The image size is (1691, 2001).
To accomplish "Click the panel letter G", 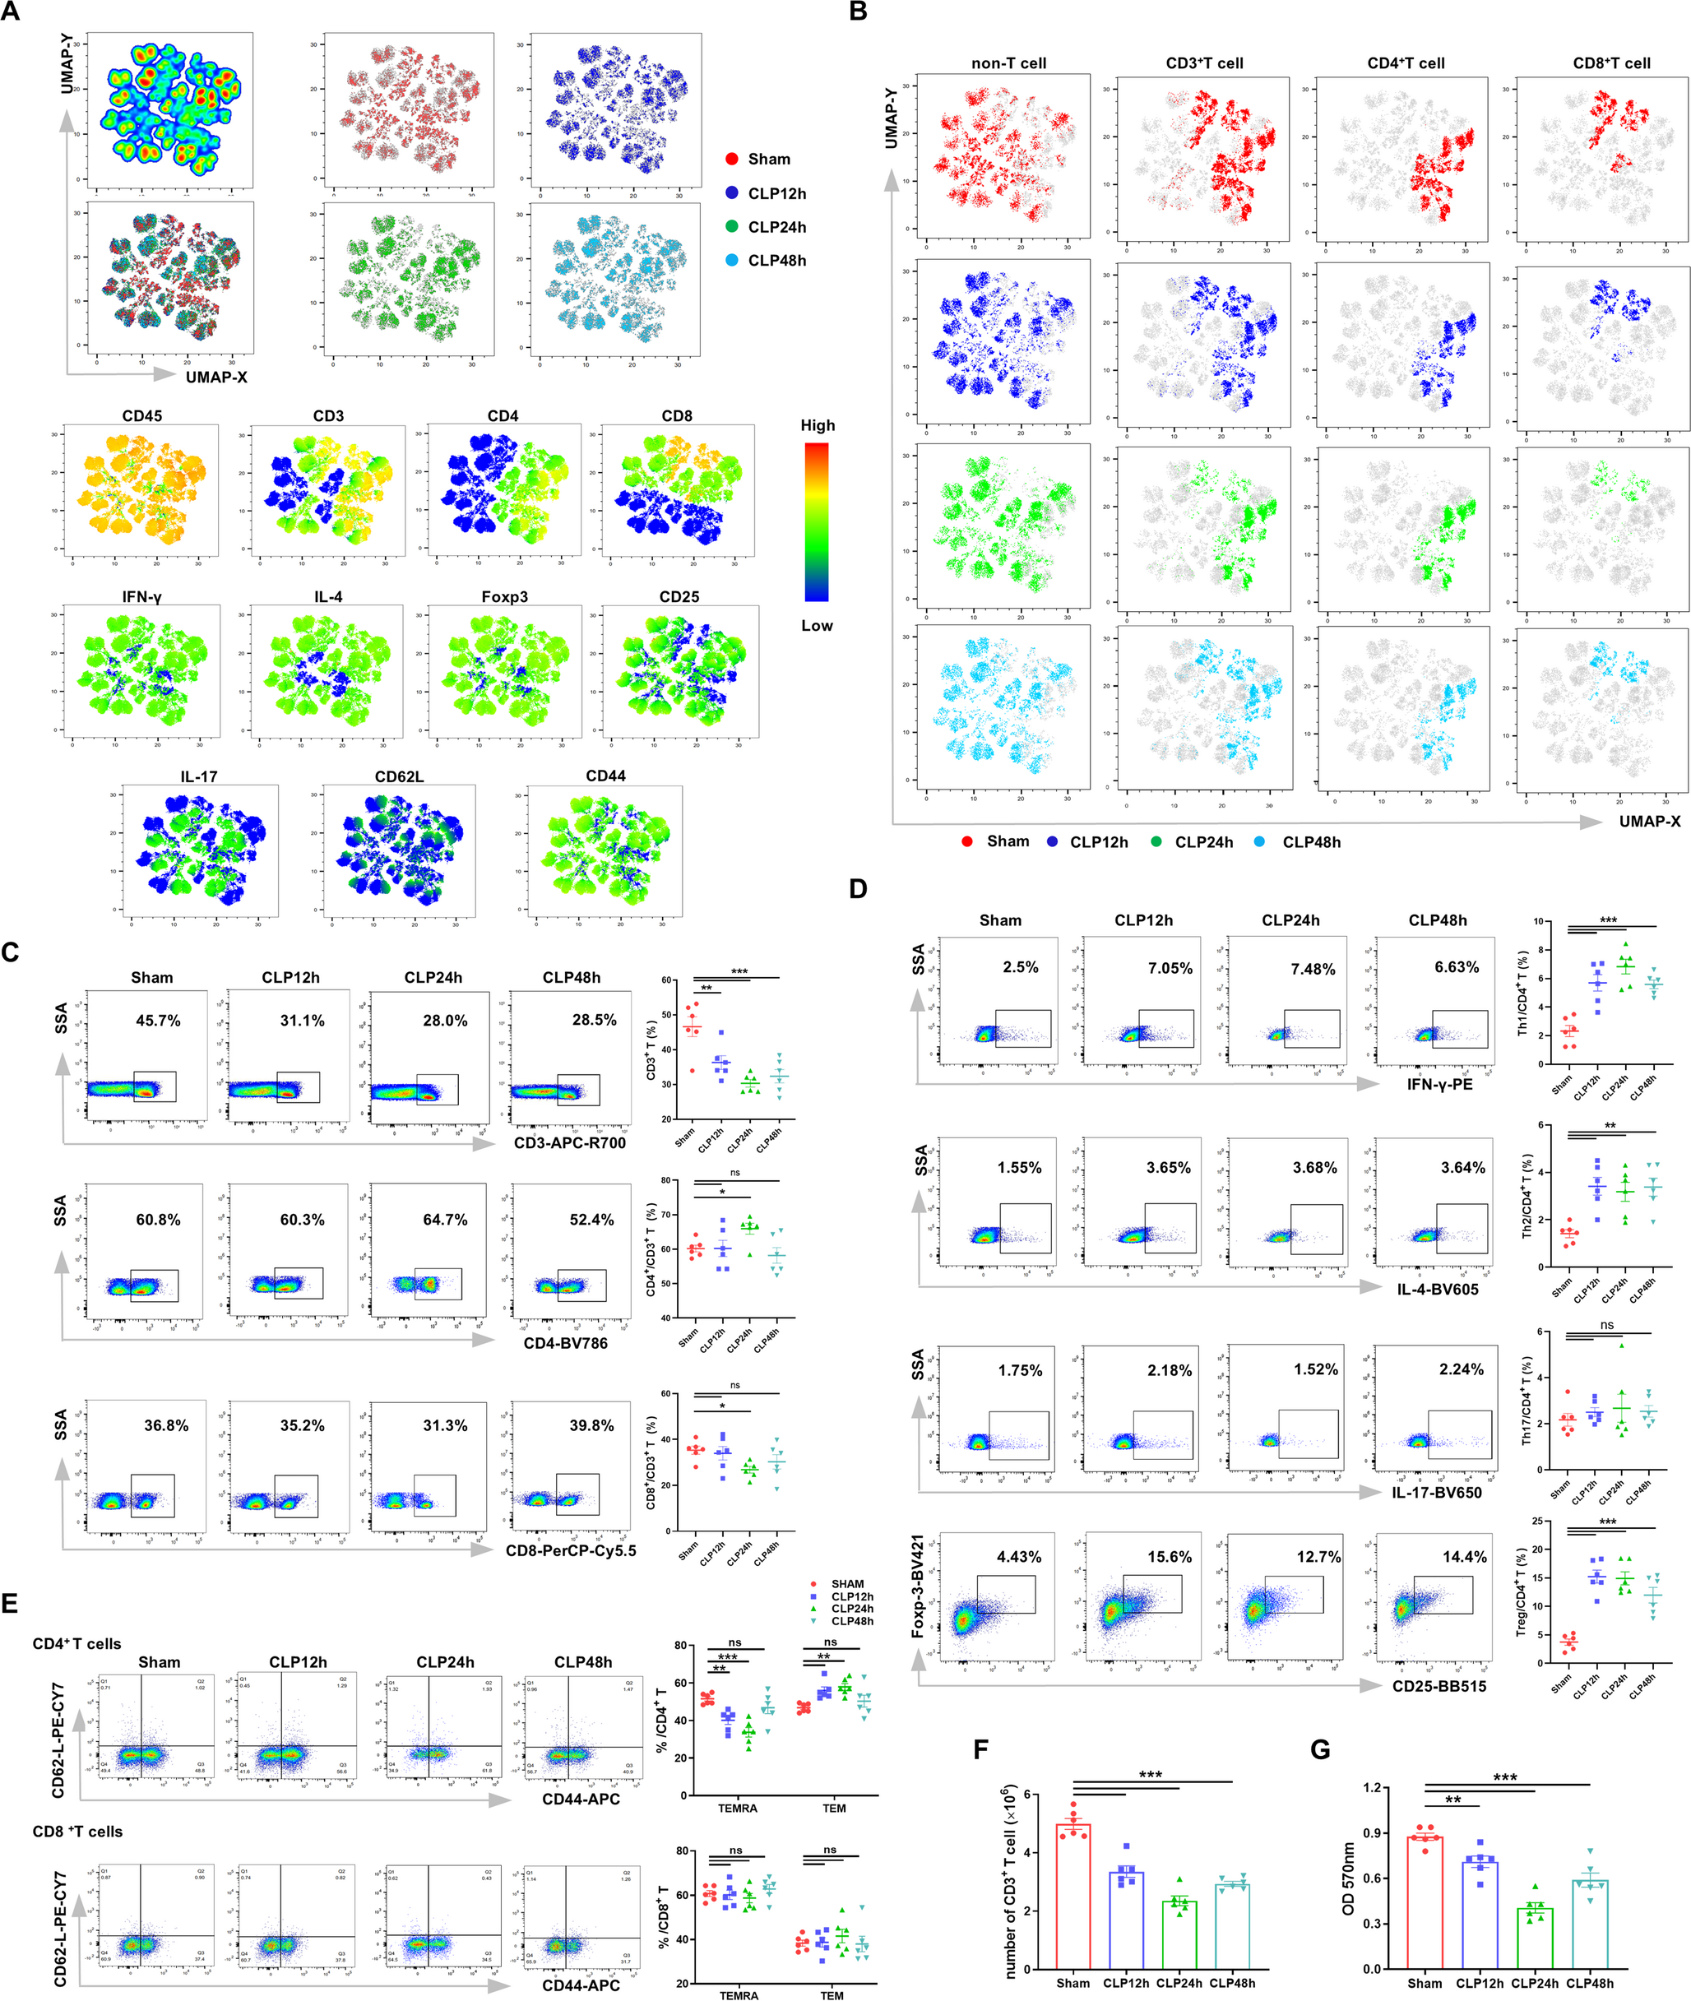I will click(1321, 1750).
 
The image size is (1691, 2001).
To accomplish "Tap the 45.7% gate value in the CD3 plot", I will click(158, 1021).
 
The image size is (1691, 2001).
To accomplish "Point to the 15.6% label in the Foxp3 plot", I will click(1170, 1557).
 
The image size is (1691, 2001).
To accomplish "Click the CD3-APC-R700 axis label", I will click(569, 1143).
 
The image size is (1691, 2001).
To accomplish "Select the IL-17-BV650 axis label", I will click(1436, 1492).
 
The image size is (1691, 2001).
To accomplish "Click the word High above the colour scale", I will click(818, 425).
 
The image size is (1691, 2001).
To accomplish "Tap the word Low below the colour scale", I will click(817, 626).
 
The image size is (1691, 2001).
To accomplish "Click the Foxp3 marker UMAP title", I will click(504, 597).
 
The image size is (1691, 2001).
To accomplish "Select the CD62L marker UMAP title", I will click(399, 776).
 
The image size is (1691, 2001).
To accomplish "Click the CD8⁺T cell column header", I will click(1611, 63).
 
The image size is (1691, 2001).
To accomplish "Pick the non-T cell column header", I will click(1008, 63).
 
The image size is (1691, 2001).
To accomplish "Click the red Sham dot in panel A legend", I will click(732, 159).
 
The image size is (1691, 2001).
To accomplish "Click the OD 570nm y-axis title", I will click(1349, 1878).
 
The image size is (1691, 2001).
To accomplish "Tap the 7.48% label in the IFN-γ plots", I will click(1313, 970).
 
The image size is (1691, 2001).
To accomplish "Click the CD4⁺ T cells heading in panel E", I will click(76, 1643).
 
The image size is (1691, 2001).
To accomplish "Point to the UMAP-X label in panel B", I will click(1649, 822).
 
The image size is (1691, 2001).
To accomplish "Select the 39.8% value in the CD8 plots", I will click(591, 1426).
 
